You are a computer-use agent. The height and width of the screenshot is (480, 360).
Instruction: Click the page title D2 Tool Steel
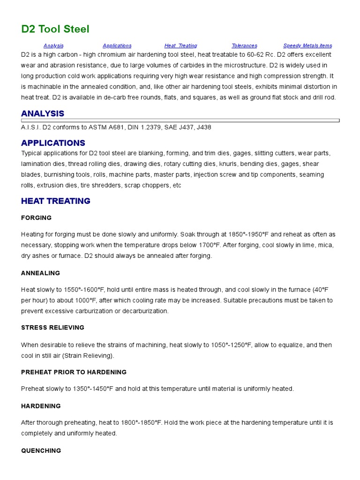coord(55,30)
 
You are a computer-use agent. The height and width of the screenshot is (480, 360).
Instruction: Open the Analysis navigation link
coord(53,46)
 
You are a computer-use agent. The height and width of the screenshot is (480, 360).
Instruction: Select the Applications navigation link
coord(117,46)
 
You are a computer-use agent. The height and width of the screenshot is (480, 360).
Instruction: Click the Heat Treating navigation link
coord(180,46)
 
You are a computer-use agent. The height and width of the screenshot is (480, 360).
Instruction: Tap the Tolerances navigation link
coord(244,46)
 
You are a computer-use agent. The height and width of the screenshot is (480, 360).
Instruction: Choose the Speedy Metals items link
coord(307,46)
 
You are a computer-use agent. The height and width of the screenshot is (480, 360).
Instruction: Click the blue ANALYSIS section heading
coord(43,113)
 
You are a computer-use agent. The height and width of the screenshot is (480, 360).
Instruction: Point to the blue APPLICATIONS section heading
coord(53,143)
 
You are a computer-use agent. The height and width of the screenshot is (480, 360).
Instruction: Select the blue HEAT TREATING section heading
coord(55,201)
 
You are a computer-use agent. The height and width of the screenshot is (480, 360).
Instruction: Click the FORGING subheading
coord(36,218)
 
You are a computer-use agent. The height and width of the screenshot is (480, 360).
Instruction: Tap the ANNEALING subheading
coord(40,273)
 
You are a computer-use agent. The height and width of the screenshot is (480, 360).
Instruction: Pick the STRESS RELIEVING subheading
coord(52,328)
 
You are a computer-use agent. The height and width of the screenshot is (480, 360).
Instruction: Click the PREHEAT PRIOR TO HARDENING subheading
coord(74,372)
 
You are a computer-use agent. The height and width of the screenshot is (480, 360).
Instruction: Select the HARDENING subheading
coord(41,406)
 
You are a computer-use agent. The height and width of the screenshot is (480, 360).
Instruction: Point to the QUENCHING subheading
coord(41,451)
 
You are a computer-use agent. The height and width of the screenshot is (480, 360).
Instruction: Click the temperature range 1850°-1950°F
coord(241,234)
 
